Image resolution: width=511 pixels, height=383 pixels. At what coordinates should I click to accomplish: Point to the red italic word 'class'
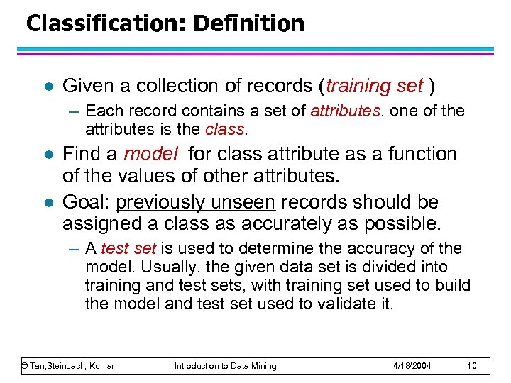click(224, 130)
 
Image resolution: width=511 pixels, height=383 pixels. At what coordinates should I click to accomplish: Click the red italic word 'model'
click(150, 154)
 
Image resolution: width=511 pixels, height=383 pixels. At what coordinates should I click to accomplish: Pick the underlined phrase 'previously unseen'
click(195, 203)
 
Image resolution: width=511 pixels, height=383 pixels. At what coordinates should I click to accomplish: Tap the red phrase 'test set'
click(128, 249)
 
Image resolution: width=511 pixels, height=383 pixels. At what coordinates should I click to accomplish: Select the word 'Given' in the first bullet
click(88, 86)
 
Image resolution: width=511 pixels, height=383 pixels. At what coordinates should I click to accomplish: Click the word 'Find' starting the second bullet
click(83, 154)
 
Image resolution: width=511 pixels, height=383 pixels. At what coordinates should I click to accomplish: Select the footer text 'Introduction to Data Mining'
click(226, 365)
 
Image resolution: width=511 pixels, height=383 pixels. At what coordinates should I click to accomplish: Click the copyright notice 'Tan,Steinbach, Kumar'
click(68, 365)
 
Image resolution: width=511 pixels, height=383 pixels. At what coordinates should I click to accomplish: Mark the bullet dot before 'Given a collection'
click(47, 87)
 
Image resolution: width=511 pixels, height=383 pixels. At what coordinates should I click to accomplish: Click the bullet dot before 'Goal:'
click(47, 204)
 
